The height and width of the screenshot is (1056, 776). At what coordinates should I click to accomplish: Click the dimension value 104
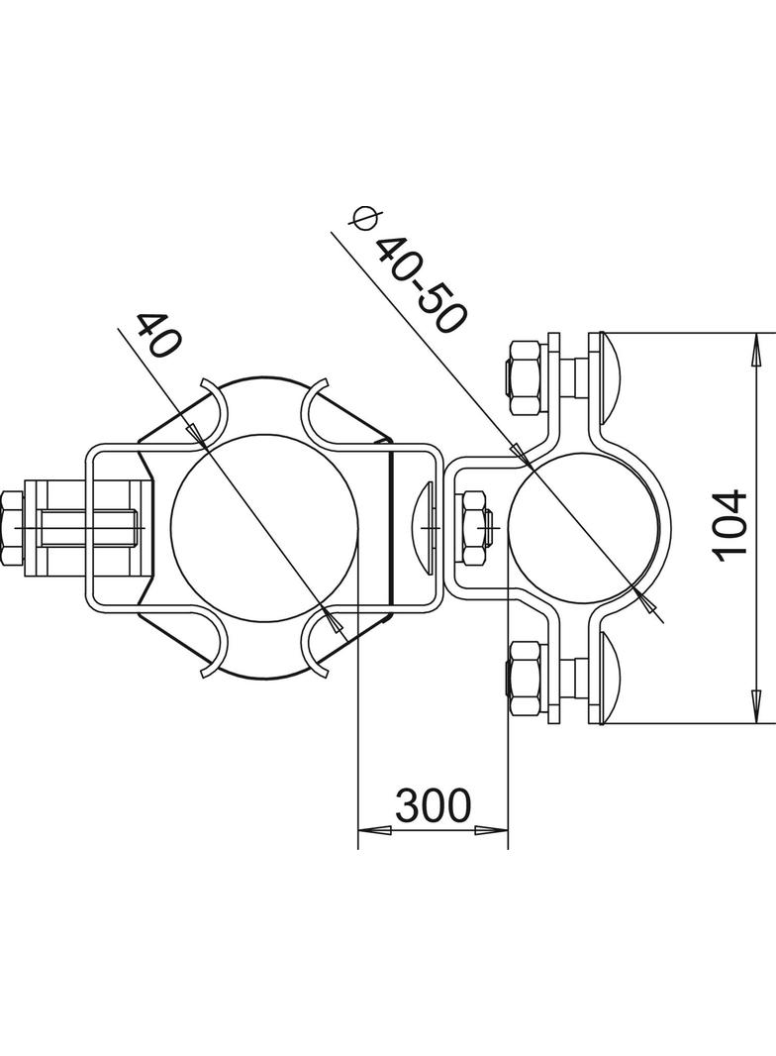(733, 524)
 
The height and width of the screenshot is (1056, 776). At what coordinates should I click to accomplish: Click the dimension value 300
(433, 807)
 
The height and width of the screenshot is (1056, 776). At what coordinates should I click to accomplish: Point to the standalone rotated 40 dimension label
(157, 336)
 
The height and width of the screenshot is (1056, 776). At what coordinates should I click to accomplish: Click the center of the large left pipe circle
(261, 525)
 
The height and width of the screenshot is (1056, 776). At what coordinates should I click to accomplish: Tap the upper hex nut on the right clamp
(524, 378)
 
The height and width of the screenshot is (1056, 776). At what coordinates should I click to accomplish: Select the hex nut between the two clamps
(474, 527)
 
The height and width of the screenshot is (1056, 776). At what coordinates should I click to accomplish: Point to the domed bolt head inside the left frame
(426, 526)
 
